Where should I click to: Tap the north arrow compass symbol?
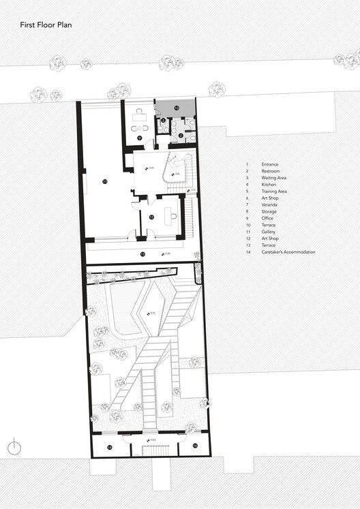(13, 448)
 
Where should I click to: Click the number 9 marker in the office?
(139, 138)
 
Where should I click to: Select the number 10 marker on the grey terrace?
(175, 108)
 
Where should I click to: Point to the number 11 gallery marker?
(104, 182)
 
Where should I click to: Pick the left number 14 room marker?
(109, 447)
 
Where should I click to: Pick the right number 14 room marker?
(195, 446)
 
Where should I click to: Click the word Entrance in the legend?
(270, 164)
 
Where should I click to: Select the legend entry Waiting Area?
(274, 178)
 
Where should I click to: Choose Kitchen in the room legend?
(269, 185)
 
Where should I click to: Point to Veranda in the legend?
(269, 205)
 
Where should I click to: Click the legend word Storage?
(269, 212)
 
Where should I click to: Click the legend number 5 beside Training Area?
(247, 191)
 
